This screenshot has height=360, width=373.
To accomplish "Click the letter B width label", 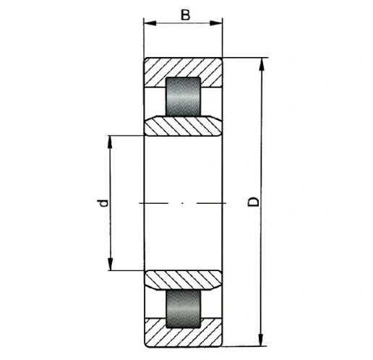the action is click(185, 15).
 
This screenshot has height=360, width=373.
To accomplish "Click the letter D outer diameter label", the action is click(254, 202).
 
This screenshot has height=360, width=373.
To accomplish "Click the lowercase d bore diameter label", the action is click(103, 203).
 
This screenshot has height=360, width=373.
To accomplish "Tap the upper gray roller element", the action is click(183, 97).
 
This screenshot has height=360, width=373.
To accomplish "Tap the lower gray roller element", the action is click(183, 308).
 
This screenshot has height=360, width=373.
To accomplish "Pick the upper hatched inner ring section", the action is click(183, 126).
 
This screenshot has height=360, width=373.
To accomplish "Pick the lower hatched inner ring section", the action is click(183, 280).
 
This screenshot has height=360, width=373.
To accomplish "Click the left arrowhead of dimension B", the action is click(150, 23).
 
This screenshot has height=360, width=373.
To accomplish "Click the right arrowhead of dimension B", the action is click(216, 23).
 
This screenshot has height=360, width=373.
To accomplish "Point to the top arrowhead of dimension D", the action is click(261, 64).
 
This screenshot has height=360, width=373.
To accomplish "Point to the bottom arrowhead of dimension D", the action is click(260, 340).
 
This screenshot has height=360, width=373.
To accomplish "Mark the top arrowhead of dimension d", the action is click(110, 142).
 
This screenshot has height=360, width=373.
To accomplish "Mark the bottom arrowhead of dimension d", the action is click(110, 264).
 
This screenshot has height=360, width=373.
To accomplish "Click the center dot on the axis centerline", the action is click(183, 204).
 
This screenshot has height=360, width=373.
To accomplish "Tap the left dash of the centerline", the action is click(154, 204).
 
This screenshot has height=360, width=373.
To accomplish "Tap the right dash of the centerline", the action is click(211, 204).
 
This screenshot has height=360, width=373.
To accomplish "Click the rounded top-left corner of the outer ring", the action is click(145, 59).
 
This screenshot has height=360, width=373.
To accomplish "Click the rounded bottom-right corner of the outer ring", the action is click(220, 346).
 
